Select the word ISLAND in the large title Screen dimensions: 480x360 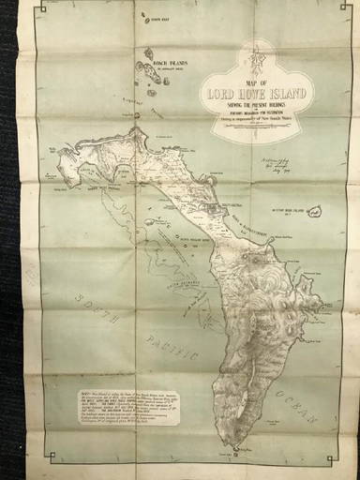point(288,93)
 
